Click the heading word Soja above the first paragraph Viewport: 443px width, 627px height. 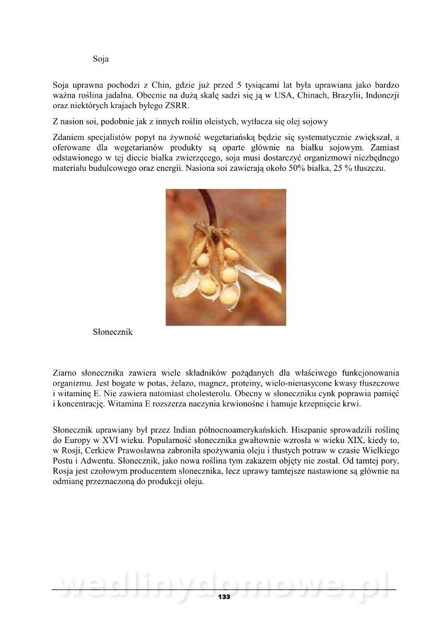(x=100, y=59)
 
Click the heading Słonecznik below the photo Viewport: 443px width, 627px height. (x=112, y=332)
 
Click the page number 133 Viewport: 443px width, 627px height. (x=224, y=597)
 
